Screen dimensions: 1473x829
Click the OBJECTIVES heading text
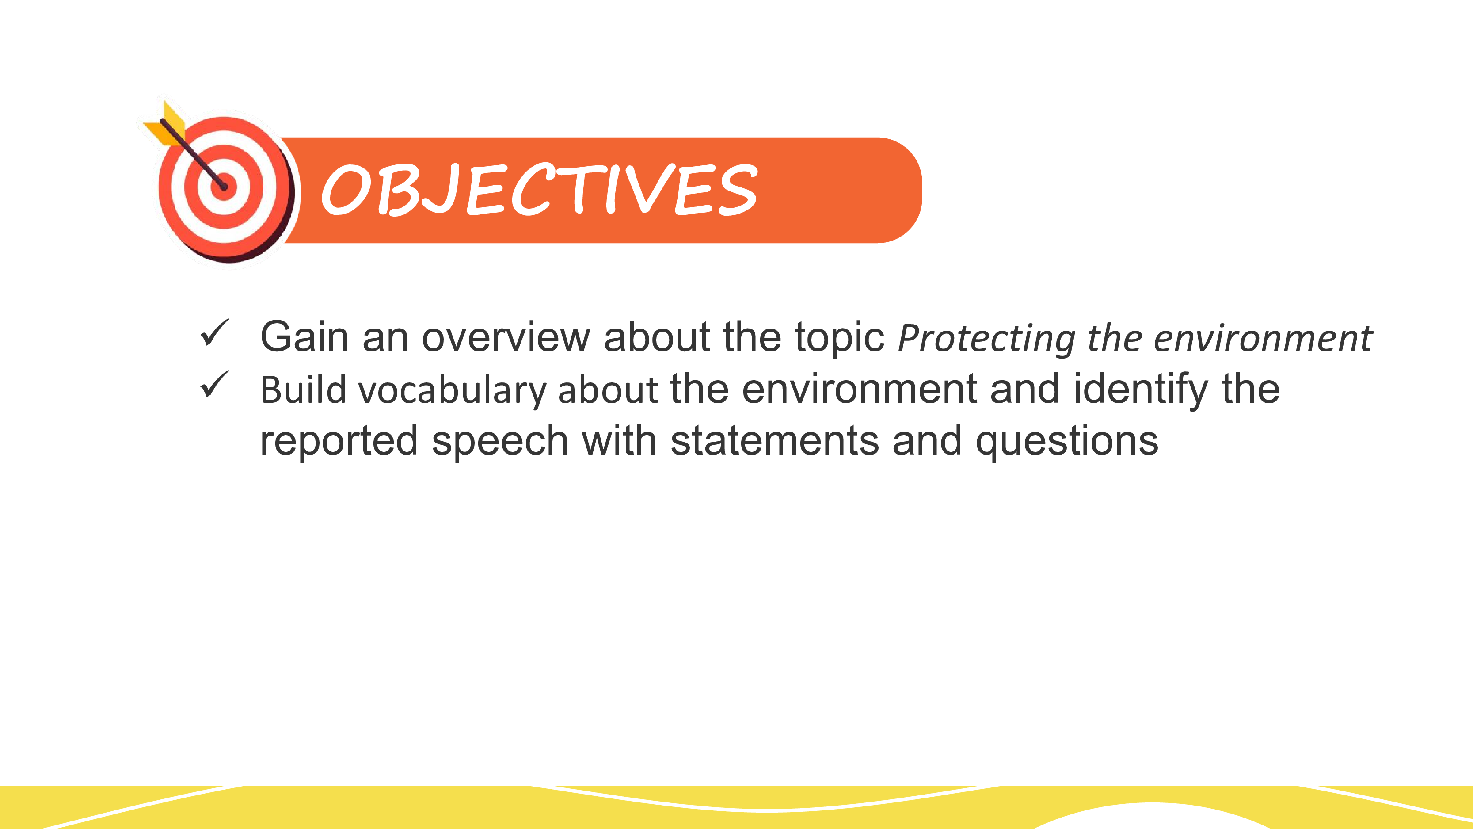[x=540, y=189]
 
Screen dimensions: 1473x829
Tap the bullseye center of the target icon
[x=224, y=187]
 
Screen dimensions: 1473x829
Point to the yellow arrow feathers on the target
[x=165, y=124]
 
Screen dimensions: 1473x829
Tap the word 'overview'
[x=506, y=336]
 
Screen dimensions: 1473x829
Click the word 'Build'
[x=304, y=390]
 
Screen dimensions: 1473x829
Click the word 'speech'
[x=500, y=442]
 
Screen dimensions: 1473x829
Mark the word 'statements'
[x=775, y=440]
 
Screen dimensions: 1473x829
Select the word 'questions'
[x=1066, y=442]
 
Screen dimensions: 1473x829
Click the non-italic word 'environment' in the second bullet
[x=860, y=389]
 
